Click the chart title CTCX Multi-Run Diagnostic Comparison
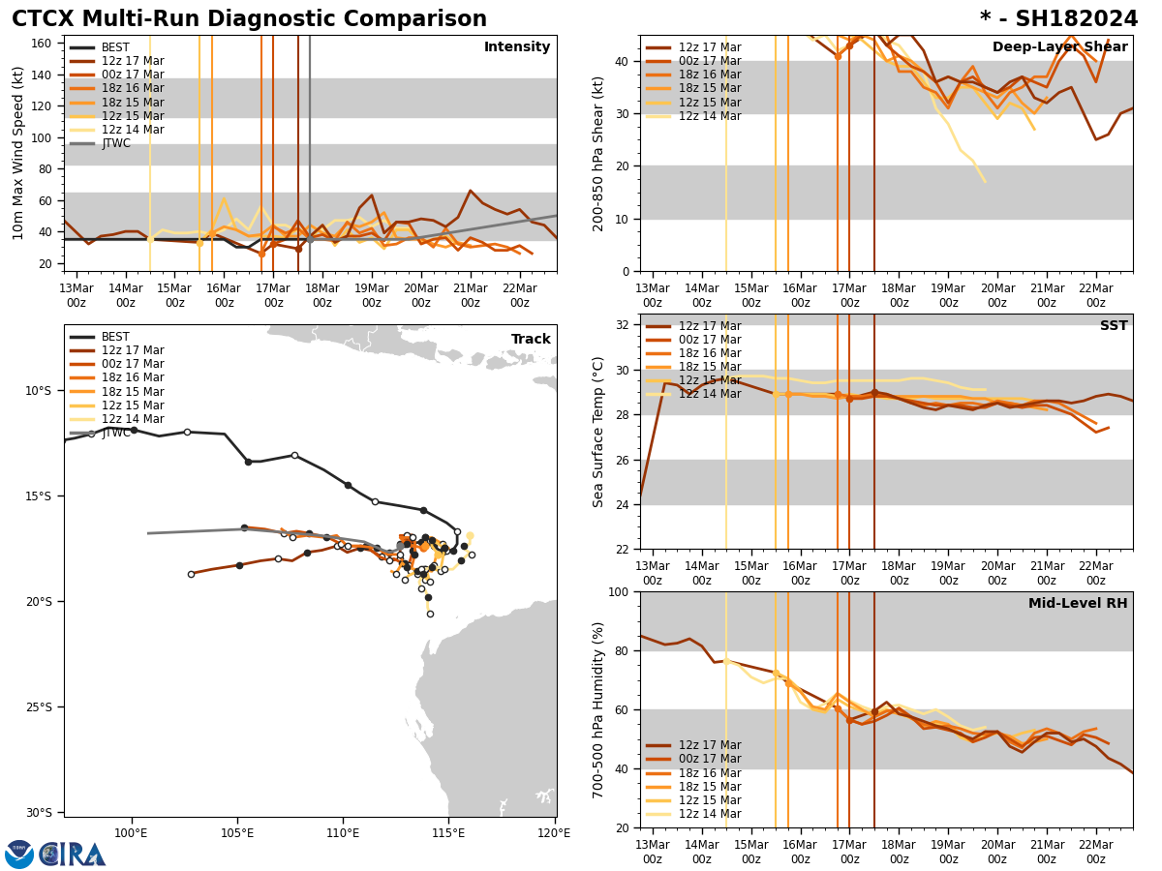(x=249, y=19)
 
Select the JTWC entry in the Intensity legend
(x=115, y=143)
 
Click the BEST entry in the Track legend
(x=115, y=337)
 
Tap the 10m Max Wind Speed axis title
(x=17, y=153)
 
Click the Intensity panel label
(x=517, y=47)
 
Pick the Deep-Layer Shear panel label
(x=1059, y=47)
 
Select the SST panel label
(x=1114, y=326)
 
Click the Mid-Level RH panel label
(x=1078, y=604)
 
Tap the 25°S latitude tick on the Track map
(x=38, y=706)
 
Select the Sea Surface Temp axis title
(x=598, y=432)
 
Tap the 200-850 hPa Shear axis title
(x=598, y=153)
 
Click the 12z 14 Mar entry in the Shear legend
(x=710, y=116)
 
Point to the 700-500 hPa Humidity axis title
(x=598, y=709)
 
